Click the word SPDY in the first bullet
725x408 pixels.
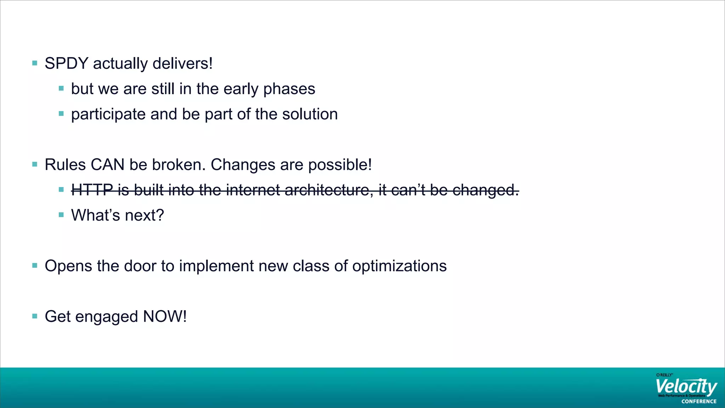[x=66, y=64]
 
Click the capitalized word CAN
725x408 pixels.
[x=107, y=165]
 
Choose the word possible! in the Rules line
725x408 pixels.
[x=340, y=165]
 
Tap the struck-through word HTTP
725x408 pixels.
[x=92, y=190]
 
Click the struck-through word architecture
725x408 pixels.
[x=328, y=190]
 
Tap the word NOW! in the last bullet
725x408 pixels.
[x=165, y=317]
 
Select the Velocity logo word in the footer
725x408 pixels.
[x=685, y=387]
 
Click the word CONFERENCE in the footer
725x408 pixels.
[x=699, y=402]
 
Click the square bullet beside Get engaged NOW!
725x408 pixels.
[x=35, y=316]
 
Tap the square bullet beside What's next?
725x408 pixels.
[x=61, y=215]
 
